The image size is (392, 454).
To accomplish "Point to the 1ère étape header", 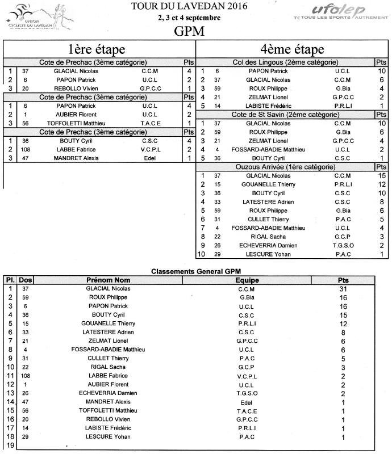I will pos(97,49).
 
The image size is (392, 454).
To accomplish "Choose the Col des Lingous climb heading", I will pos(286,62).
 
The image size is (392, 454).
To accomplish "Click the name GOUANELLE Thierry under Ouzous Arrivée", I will pos(278,184).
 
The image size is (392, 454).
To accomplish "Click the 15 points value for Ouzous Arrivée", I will pos(382,175).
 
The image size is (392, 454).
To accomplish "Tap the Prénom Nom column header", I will pos(108,280).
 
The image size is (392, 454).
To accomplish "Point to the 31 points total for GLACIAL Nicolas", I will pos(343,289).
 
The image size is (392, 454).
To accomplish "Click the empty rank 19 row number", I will pos(10,445).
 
